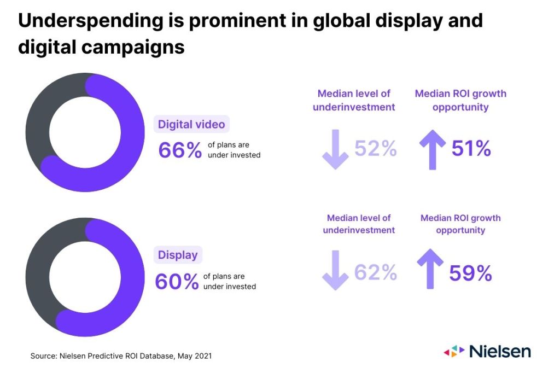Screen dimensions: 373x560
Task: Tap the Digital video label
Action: point(191,124)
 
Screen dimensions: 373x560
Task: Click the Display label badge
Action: point(178,255)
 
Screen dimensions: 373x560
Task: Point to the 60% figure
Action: point(177,282)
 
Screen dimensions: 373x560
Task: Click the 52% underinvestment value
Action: point(376,148)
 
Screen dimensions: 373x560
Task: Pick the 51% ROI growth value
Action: point(471,148)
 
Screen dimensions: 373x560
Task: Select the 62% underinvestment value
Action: point(376,272)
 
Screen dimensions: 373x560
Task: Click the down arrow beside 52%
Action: point(335,149)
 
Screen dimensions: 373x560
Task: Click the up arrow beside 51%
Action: point(432,149)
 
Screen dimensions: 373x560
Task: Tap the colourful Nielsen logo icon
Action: point(453,351)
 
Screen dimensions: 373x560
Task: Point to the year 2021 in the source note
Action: point(201,356)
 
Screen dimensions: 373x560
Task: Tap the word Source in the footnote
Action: point(43,356)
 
